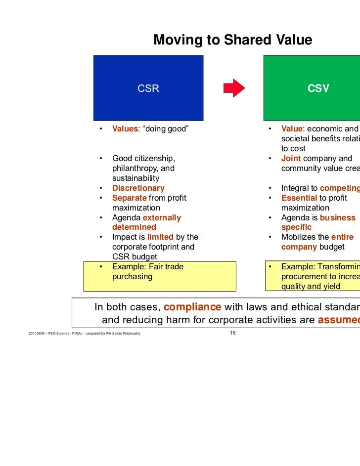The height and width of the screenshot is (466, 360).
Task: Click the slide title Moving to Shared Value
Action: [232, 40]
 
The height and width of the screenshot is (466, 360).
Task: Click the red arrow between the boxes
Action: [234, 88]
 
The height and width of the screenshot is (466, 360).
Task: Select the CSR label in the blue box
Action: [148, 89]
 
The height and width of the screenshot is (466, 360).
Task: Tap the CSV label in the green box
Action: [318, 89]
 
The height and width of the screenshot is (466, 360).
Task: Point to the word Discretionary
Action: [138, 188]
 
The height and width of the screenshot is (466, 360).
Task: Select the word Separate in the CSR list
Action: [129, 198]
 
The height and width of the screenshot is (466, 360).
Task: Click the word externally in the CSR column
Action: [162, 218]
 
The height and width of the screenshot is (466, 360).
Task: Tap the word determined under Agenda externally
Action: [134, 227]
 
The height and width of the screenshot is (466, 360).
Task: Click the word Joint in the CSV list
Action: [291, 159]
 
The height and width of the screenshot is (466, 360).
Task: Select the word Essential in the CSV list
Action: [299, 198]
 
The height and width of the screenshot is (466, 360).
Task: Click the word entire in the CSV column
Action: [342, 237]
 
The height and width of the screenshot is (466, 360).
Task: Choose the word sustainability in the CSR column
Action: [135, 178]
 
